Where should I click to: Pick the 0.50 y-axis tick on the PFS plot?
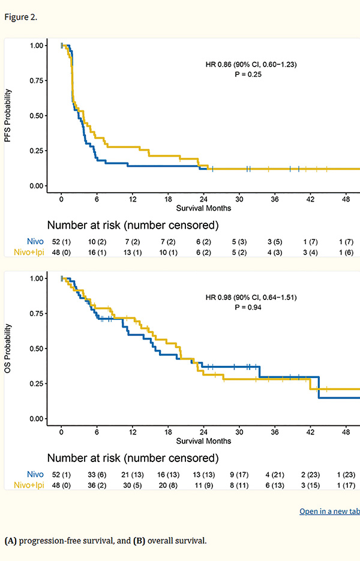pos(36,115)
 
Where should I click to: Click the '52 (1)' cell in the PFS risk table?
pos(61,242)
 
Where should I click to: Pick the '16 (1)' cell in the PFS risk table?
pos(97,251)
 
